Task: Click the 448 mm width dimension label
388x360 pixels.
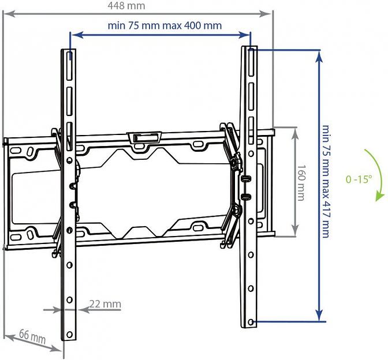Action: point(126,5)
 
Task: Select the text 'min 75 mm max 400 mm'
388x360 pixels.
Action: point(165,25)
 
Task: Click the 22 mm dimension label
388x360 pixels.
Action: point(105,303)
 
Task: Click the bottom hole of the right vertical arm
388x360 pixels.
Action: point(252,320)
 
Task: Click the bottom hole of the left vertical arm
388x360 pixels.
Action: point(70,335)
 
